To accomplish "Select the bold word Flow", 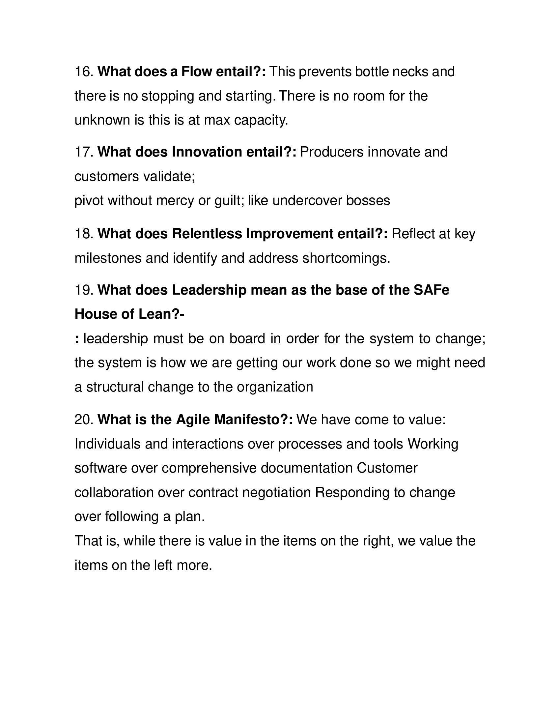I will [196, 72].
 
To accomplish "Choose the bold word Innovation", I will [207, 152].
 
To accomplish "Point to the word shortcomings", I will [346, 258].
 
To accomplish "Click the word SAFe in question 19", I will [431, 290].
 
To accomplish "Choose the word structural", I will [115, 387].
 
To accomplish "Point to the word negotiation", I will [277, 492].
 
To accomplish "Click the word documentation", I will [306, 468].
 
